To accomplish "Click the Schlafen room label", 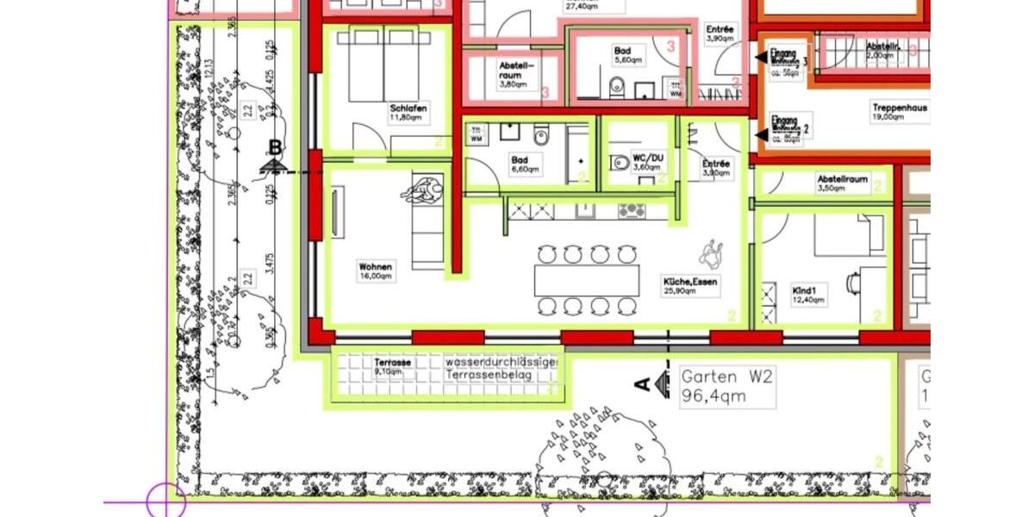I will click(408, 113).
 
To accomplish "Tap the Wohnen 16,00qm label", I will click(376, 271).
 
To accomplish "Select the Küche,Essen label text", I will click(690, 286).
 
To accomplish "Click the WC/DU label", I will click(648, 161).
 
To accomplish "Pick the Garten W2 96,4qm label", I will click(726, 386).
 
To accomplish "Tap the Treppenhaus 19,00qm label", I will click(899, 113).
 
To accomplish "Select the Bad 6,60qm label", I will click(524, 164).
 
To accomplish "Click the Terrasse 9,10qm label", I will click(393, 367).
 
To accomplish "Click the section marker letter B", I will click(275, 148).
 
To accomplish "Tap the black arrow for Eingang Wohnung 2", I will click(761, 134).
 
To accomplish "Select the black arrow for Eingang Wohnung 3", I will click(761, 57).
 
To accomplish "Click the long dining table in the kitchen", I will click(587, 280).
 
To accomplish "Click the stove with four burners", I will click(632, 210).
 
